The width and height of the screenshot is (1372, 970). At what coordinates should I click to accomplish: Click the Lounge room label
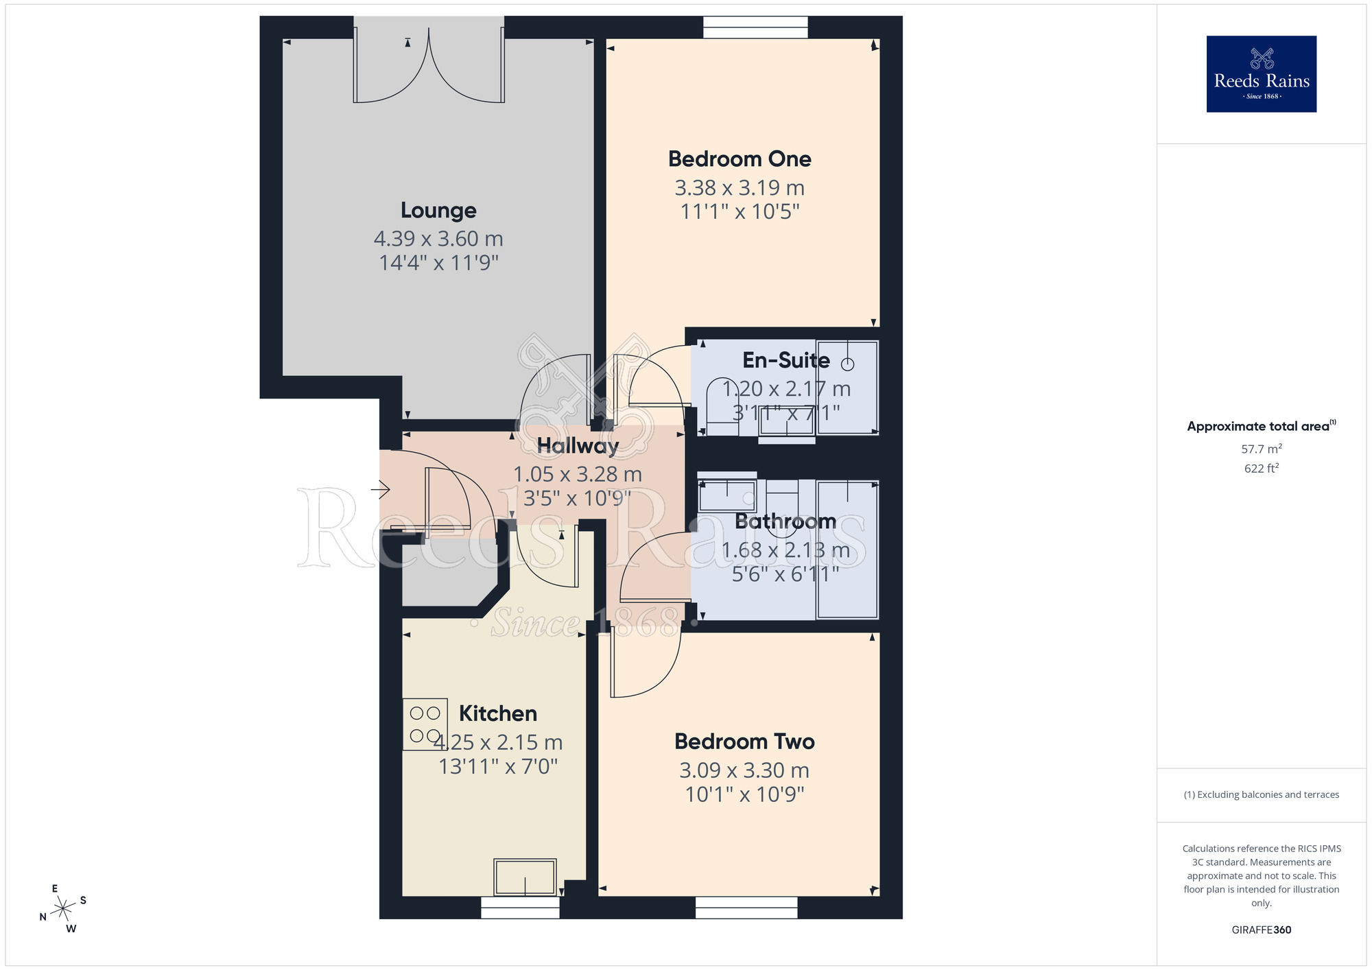[438, 210]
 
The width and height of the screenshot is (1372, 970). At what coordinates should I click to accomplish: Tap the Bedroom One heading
[740, 159]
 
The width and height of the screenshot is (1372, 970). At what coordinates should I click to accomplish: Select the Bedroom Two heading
[744, 742]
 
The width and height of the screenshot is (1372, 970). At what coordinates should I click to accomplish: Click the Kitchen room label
[497, 713]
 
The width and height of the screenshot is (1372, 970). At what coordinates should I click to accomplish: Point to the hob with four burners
[425, 724]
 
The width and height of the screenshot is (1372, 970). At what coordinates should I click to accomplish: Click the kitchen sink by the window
[525, 877]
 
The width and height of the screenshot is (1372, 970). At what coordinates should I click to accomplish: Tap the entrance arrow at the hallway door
[381, 489]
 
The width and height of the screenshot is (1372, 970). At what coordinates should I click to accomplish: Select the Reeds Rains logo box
[1261, 74]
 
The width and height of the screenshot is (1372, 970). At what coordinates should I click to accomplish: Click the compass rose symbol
[63, 909]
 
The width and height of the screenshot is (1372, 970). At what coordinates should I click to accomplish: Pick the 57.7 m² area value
[1261, 449]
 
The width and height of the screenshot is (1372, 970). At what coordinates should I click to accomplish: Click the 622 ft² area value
[1261, 469]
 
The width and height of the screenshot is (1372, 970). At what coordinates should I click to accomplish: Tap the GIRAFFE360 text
[1261, 930]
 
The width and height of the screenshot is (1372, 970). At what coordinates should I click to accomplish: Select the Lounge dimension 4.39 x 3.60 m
[438, 239]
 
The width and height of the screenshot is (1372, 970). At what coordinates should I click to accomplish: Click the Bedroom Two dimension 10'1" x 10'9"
[744, 794]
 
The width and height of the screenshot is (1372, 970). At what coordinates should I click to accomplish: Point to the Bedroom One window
[755, 27]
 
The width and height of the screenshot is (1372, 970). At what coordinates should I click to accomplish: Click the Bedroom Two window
[746, 907]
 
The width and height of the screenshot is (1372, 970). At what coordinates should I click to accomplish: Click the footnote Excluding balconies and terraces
[1261, 794]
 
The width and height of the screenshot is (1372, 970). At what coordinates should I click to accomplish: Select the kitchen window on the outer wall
[520, 907]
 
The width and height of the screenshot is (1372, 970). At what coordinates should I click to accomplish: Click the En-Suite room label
[785, 360]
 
